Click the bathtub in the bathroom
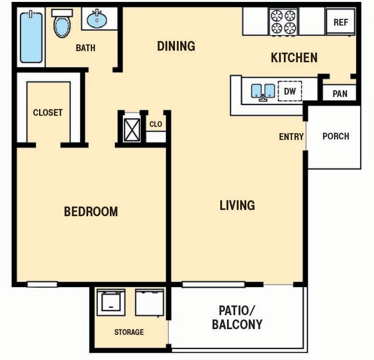click(x=31, y=37)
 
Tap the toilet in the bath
click(x=62, y=24)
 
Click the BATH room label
click(x=85, y=48)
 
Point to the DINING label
click(x=176, y=46)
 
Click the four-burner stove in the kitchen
click(x=283, y=21)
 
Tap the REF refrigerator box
click(x=341, y=23)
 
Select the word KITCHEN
click(x=294, y=58)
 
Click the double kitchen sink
click(x=263, y=91)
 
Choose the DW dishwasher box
click(x=290, y=91)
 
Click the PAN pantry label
click(x=340, y=94)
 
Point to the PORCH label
click(x=335, y=136)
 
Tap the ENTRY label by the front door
click(x=291, y=137)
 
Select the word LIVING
click(x=237, y=206)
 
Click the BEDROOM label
click(x=91, y=211)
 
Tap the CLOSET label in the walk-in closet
click(x=48, y=112)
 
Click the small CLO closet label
click(x=156, y=124)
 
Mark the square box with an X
click(x=132, y=129)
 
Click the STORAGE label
click(x=129, y=332)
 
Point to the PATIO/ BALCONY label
click(x=237, y=317)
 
